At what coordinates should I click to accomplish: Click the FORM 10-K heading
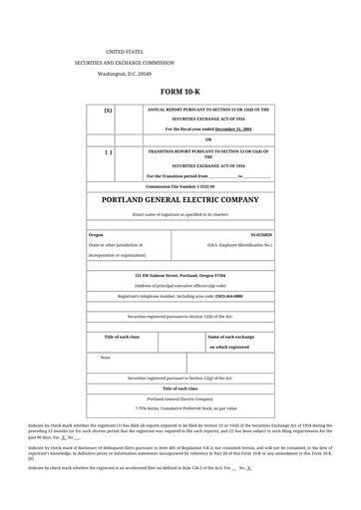[180, 92]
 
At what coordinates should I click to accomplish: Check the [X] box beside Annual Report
[108, 111]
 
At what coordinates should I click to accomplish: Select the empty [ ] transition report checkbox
[108, 152]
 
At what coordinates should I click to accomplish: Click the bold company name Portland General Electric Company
[180, 200]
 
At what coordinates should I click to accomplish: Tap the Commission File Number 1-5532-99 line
[180, 186]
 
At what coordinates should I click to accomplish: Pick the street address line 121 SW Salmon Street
[180, 274]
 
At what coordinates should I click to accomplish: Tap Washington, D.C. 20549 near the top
[125, 74]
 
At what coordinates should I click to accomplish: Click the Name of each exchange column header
[235, 337]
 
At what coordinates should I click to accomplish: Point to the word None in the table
[106, 357]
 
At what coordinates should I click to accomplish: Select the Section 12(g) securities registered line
[180, 379]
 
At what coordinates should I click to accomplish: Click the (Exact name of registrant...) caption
[180, 214]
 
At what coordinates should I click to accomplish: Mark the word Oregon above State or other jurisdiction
[96, 235]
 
